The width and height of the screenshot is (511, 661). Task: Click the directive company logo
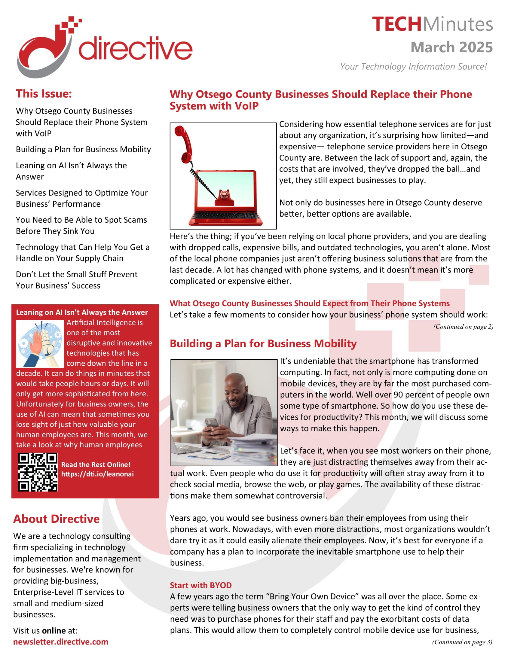[104, 47]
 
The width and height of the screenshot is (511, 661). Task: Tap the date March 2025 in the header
[451, 47]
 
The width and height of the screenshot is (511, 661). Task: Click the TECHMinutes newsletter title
[432, 24]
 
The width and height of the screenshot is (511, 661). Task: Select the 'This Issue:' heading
[44, 93]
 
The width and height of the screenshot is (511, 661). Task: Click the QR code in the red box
[38, 472]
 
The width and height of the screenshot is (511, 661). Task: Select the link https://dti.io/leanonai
[97, 474]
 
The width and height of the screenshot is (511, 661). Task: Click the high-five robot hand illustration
[40, 343]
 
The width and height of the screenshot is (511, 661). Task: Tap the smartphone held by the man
[212, 423]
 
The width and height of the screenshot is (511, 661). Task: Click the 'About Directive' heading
[56, 519]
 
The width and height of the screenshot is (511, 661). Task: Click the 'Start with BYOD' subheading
[200, 585]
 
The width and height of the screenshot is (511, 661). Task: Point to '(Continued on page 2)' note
[463, 327]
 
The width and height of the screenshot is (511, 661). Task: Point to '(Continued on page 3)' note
[462, 642]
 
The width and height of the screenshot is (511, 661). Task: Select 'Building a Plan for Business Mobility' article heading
[263, 343]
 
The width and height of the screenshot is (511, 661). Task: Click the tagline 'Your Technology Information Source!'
[413, 66]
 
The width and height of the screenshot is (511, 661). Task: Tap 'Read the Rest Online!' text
[96, 465]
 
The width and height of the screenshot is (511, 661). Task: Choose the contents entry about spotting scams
[81, 225]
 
